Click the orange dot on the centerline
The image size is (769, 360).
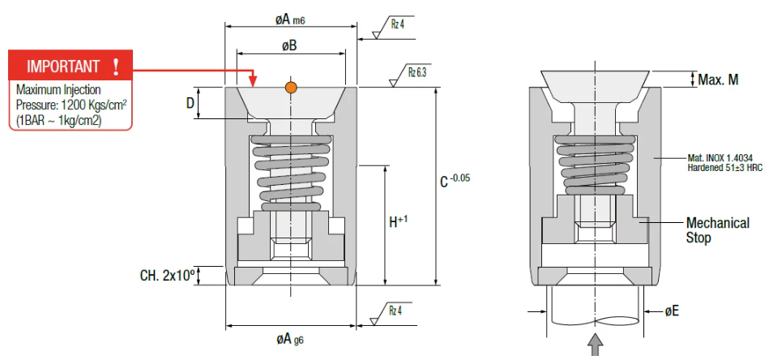291,87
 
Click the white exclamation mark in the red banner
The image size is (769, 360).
117,66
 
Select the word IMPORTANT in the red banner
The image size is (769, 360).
63,66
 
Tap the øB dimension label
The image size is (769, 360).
289,46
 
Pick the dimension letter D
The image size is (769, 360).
190,104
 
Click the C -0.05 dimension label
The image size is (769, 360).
455,181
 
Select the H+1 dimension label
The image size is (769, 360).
396,221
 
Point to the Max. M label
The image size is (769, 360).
719,79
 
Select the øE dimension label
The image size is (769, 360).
672,311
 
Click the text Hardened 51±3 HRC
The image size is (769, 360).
725,168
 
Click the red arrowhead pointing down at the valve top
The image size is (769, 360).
253,81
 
